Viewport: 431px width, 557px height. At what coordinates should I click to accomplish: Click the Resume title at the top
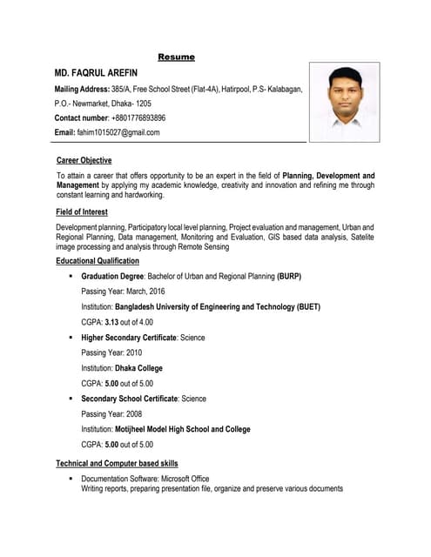tap(176, 57)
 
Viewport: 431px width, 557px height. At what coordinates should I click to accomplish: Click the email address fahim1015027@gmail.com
tap(118, 132)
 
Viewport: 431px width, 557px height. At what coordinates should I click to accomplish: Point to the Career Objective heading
tap(84, 161)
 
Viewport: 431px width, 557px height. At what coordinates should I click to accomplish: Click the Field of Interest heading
tap(82, 211)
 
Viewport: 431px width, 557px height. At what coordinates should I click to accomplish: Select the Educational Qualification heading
tap(98, 261)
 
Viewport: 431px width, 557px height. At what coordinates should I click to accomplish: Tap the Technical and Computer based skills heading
tap(117, 464)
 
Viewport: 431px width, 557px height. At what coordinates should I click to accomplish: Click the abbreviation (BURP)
tap(289, 276)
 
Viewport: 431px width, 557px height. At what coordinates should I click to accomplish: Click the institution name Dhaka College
tap(138, 368)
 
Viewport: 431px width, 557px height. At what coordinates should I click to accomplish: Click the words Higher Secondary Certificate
tap(130, 338)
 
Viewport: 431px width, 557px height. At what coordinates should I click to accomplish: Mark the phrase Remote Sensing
tap(203, 246)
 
